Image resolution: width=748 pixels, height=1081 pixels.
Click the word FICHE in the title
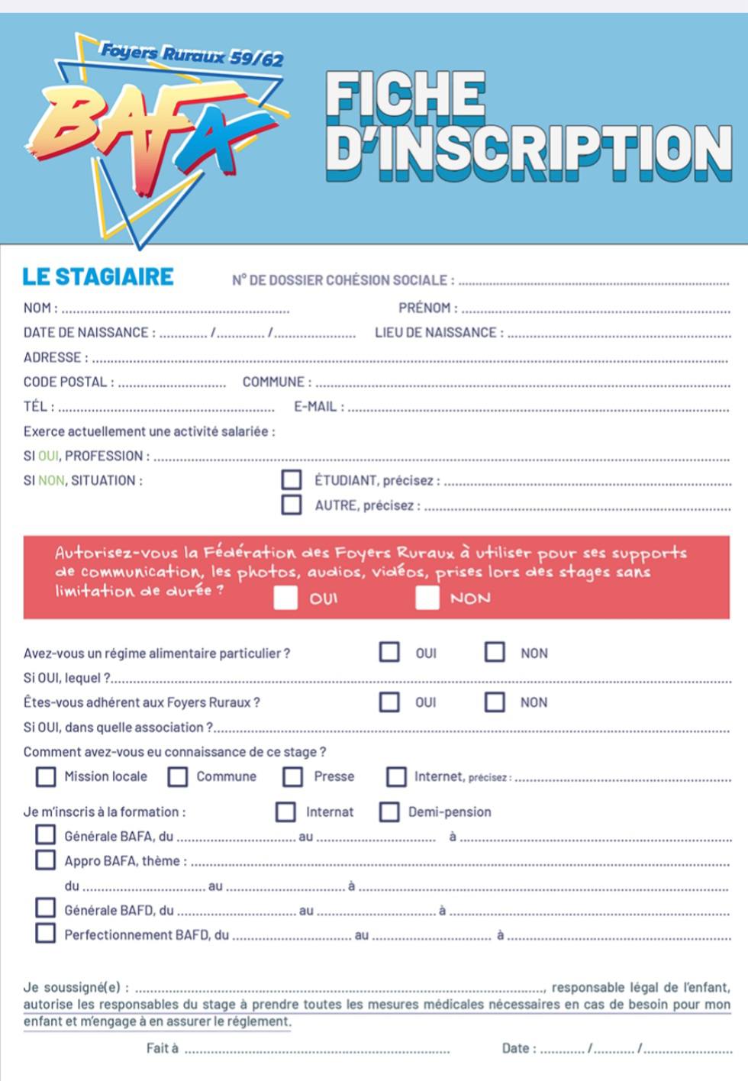click(405, 94)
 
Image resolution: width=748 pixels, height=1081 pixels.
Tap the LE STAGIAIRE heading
click(98, 276)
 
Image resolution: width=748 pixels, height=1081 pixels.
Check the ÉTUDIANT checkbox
click(292, 479)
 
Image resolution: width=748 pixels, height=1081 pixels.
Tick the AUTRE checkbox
click(292, 505)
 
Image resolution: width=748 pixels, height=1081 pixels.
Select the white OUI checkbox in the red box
click(285, 598)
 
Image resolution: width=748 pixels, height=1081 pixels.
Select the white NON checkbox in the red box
click(427, 598)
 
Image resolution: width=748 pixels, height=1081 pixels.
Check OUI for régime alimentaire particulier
click(389, 652)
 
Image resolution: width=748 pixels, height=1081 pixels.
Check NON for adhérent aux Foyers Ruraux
click(495, 702)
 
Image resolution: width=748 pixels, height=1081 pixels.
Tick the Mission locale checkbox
click(46, 776)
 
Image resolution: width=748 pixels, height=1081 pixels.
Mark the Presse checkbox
click(292, 776)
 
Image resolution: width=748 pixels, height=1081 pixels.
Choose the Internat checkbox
click(285, 812)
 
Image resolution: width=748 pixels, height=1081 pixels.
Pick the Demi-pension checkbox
click(389, 812)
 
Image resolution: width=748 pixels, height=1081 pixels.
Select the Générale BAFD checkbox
click(46, 908)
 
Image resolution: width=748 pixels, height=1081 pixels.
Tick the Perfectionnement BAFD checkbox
click(46, 933)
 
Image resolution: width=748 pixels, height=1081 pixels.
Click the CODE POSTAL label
click(69, 382)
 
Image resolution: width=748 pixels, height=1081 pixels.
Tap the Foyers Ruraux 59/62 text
click(192, 54)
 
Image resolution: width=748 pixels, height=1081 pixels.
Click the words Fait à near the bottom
click(162, 1048)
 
